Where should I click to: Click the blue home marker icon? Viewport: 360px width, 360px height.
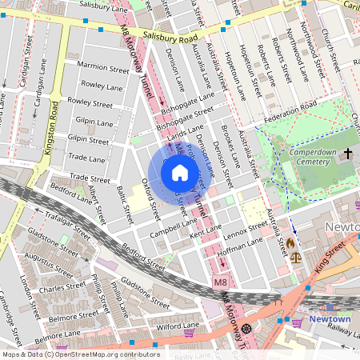coord(180,173)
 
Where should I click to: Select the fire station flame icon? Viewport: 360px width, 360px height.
coord(290,242)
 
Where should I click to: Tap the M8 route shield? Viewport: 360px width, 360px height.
coord(221,283)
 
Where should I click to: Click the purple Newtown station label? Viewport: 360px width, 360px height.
coord(330,318)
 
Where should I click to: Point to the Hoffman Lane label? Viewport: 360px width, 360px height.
coord(240,246)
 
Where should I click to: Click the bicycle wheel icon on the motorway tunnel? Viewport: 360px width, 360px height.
coord(246,329)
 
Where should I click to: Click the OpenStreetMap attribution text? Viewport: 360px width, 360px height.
coord(80,354)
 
